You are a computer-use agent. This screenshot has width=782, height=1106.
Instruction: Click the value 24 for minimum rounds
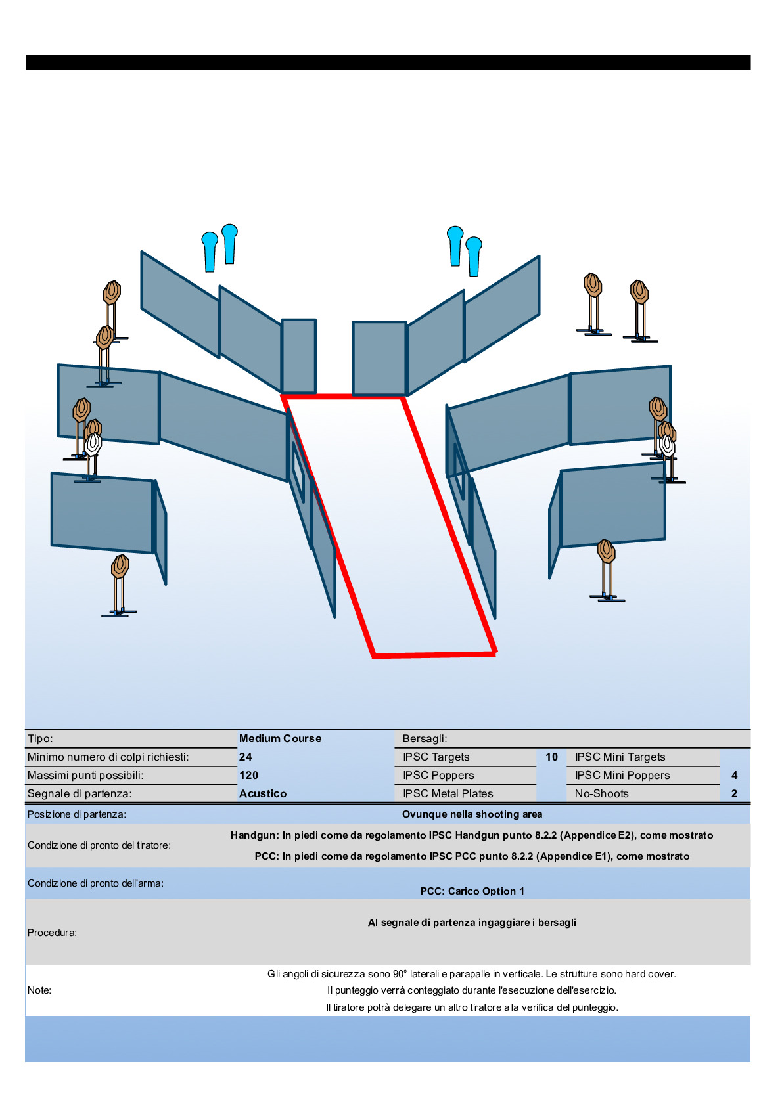(x=246, y=757)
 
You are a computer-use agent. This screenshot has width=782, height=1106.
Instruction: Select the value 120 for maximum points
(x=248, y=775)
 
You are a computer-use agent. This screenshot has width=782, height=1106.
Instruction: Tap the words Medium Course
(x=280, y=739)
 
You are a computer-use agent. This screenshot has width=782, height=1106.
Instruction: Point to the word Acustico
(x=263, y=793)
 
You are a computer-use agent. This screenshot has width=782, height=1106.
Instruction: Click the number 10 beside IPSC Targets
(x=551, y=757)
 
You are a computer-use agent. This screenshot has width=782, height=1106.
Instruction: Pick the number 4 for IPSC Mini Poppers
(x=734, y=775)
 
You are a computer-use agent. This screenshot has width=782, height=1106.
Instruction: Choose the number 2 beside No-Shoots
(x=734, y=793)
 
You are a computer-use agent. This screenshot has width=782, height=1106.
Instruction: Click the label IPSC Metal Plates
(x=448, y=793)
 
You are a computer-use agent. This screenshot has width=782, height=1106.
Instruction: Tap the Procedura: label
(x=52, y=933)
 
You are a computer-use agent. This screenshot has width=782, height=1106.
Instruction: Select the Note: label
(x=39, y=990)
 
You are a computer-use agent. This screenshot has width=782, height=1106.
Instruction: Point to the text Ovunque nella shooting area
(x=472, y=814)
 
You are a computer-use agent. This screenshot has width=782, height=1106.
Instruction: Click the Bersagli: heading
(x=425, y=739)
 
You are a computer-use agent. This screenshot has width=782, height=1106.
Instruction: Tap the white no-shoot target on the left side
(x=93, y=445)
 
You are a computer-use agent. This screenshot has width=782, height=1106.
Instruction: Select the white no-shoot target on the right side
(x=667, y=445)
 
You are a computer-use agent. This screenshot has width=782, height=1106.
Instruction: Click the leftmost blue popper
(x=210, y=252)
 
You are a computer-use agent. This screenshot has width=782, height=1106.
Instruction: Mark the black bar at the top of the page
(x=388, y=62)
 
